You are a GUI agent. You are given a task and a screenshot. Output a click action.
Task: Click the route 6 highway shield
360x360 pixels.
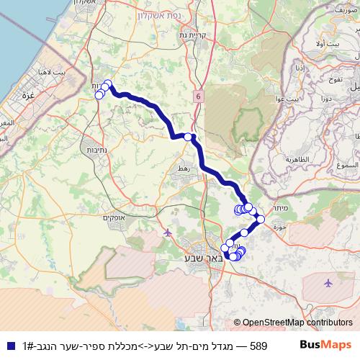(198, 96)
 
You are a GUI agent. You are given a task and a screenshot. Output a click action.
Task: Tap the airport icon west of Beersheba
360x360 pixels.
(168, 232)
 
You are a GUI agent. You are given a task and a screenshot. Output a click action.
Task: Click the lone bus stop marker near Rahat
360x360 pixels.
(188, 137)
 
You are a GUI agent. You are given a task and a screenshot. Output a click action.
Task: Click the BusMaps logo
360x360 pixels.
(326, 345)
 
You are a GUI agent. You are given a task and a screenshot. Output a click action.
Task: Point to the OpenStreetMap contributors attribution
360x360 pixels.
(293, 323)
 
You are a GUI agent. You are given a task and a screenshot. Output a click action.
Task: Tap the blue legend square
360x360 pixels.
(10, 346)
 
